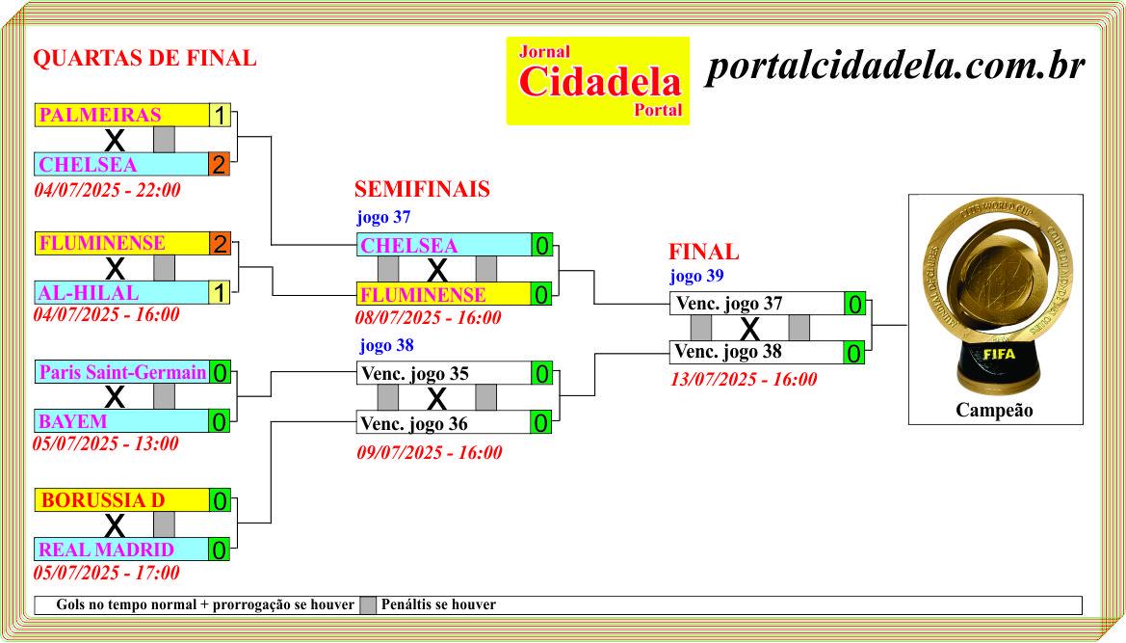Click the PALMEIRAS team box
122,115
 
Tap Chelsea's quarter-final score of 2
219,165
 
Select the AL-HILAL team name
89,293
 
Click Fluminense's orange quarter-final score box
219,244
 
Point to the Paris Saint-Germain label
122,372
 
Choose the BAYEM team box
122,421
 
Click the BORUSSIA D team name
103,500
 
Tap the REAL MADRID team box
122,549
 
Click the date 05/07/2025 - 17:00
107,573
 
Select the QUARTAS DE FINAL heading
145,58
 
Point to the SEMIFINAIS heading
422,189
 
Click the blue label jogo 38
387,345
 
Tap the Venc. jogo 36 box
444,422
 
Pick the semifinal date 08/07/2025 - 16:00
429,317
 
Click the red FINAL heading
704,253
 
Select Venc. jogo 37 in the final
729,304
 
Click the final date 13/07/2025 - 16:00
744,379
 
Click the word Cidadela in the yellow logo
600,81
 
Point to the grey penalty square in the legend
368,605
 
